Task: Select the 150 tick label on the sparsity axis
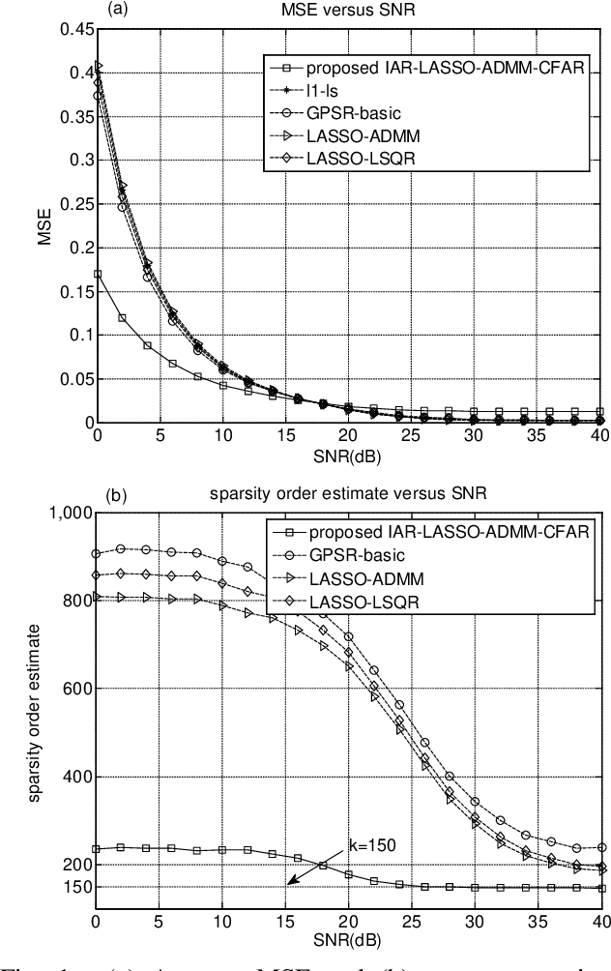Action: point(77,887)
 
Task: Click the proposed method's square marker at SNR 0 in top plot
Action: point(97,274)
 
